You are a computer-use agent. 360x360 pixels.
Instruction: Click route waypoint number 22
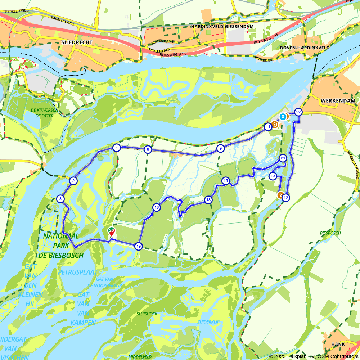point(298,112)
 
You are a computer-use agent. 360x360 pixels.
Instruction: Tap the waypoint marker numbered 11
point(268,127)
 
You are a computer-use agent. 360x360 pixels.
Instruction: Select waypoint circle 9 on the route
point(220,148)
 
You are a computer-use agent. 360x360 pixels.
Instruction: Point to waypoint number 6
point(147,150)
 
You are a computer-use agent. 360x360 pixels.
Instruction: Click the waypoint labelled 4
point(116,148)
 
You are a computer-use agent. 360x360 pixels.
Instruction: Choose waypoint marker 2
point(73,181)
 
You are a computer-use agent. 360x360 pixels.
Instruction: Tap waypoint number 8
point(60,198)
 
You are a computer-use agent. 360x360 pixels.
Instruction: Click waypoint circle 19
point(138,246)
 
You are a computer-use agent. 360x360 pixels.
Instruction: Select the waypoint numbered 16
point(156,207)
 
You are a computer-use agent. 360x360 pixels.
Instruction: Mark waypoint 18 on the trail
point(208,200)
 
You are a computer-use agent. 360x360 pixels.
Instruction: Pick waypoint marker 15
point(226,181)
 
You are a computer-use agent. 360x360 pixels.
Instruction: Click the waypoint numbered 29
point(283,158)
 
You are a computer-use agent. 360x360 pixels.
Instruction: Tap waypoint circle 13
point(273,176)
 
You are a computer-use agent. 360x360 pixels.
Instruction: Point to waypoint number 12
point(285,198)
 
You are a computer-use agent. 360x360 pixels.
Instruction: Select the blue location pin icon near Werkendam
point(283,116)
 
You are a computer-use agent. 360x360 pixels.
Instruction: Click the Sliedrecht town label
point(77,42)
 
